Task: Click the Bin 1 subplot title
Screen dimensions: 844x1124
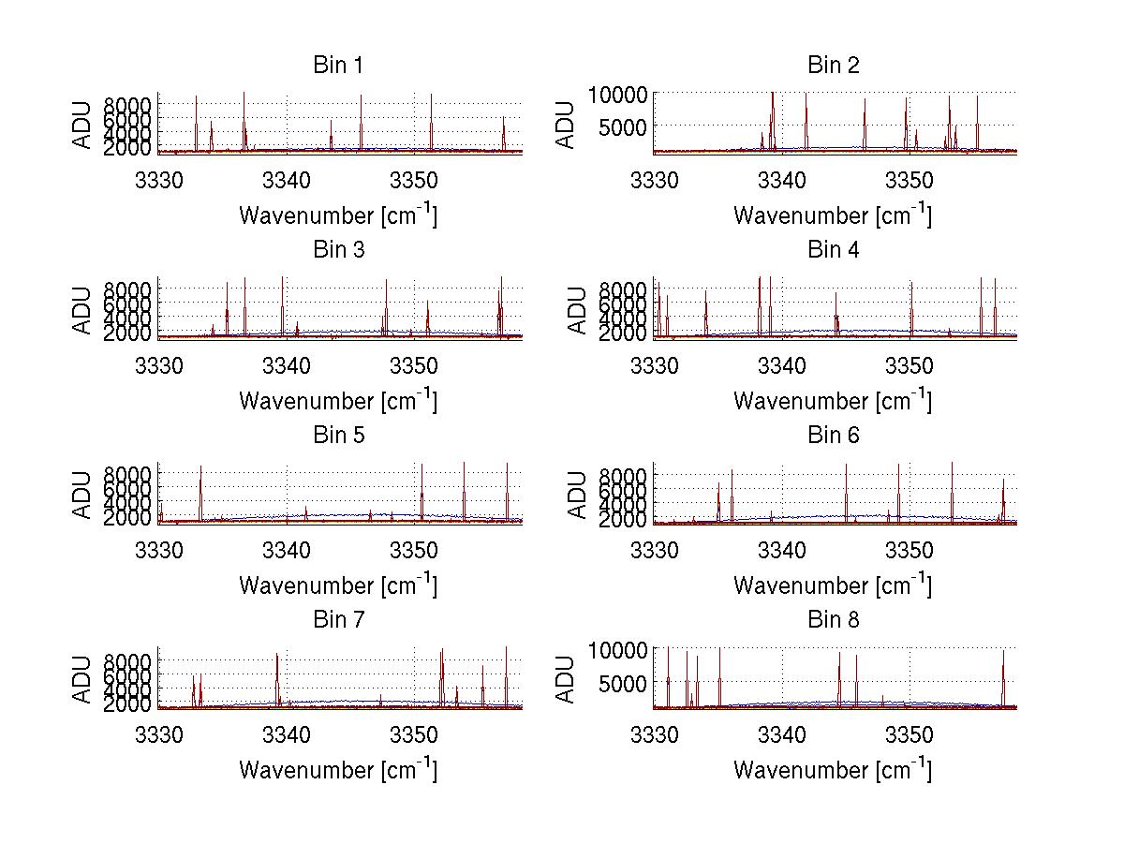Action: (x=337, y=66)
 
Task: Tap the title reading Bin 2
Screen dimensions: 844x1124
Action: (x=834, y=66)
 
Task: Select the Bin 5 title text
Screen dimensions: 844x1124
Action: (x=337, y=436)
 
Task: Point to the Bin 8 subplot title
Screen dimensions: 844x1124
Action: (x=834, y=620)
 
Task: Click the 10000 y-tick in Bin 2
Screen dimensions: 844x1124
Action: (x=618, y=95)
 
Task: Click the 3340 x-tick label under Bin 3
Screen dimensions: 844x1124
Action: (x=287, y=363)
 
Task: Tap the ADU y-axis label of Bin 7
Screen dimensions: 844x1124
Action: (x=82, y=679)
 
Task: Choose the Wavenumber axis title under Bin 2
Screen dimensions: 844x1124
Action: (x=832, y=215)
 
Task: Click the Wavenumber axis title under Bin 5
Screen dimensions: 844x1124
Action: (x=337, y=585)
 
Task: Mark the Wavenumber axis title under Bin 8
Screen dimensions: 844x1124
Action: (x=832, y=770)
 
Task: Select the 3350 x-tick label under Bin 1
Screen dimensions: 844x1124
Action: (x=414, y=178)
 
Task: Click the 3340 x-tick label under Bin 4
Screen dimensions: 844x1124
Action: (x=782, y=363)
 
